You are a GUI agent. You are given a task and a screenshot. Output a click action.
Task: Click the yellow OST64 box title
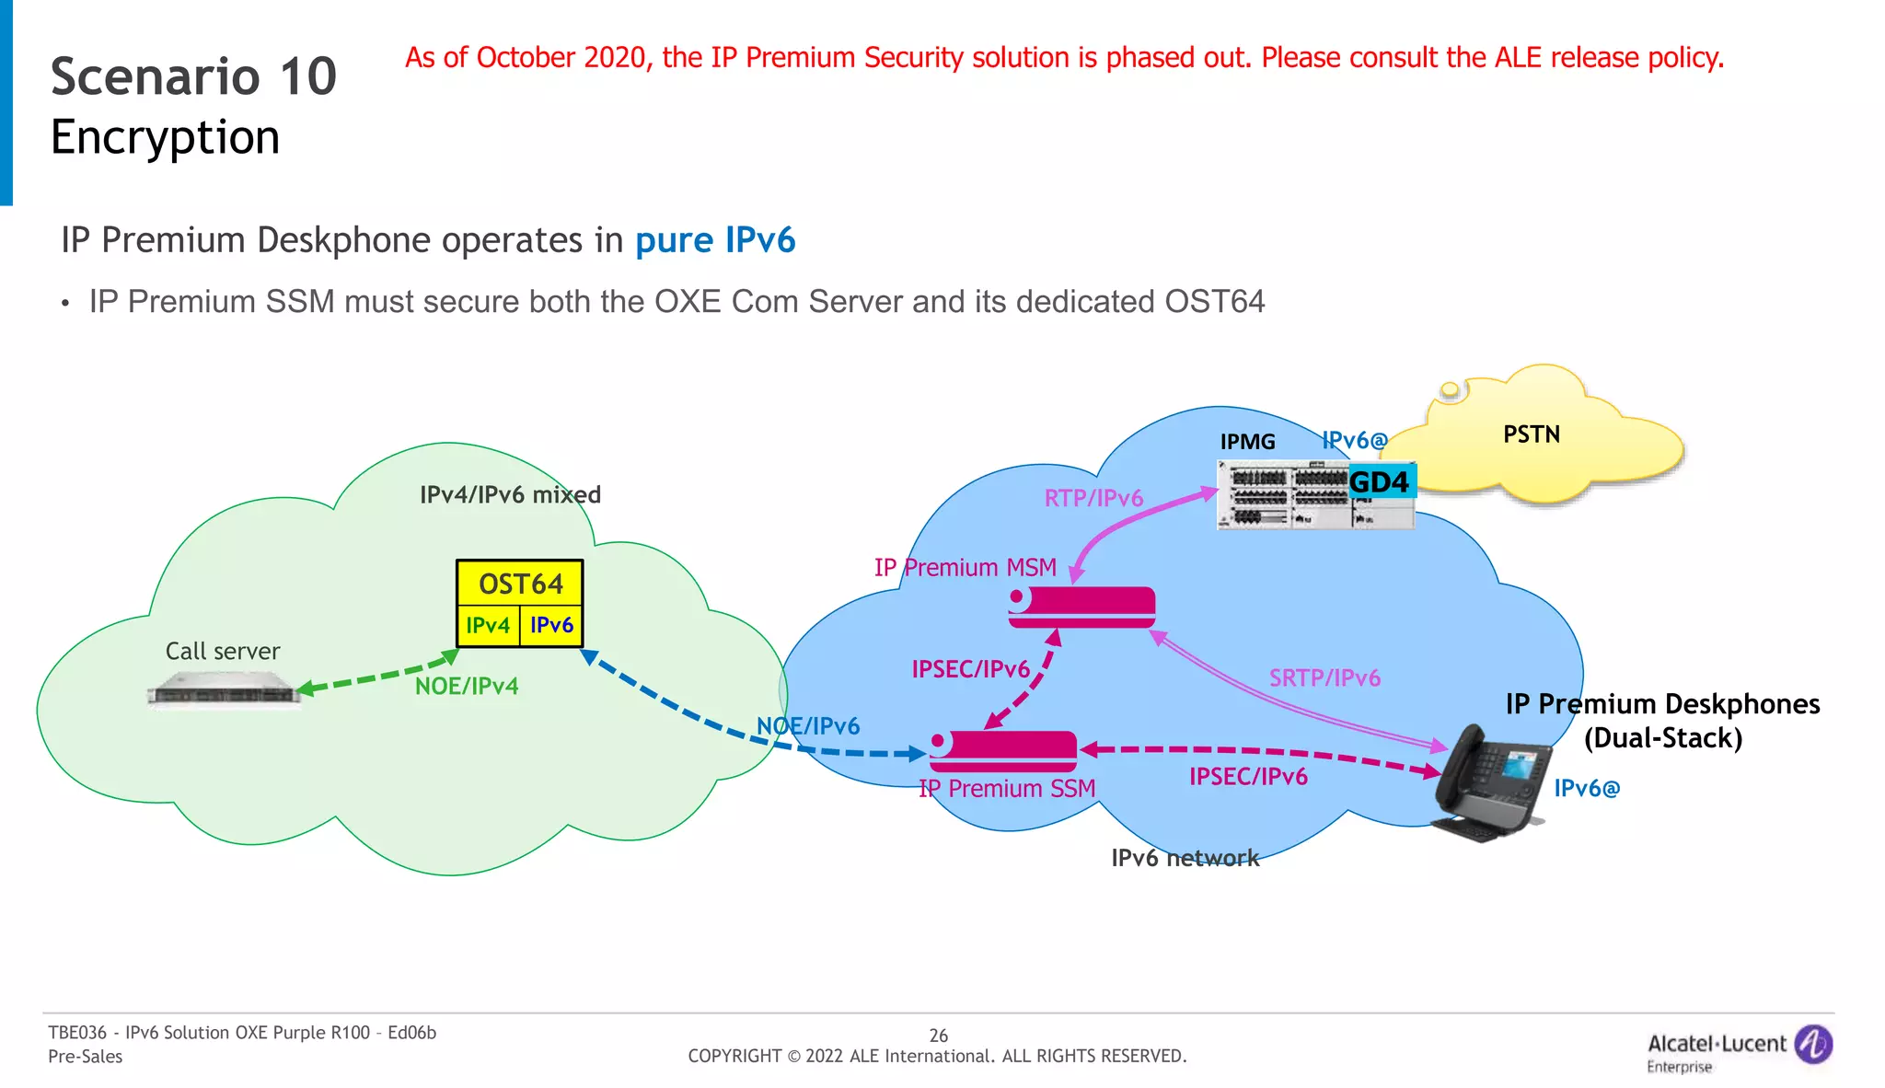pyautogui.click(x=520, y=584)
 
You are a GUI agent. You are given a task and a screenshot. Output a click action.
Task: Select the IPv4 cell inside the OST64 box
pyautogui.click(x=488, y=626)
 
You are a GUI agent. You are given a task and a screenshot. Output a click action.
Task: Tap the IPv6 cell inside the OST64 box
pyautogui.click(x=551, y=626)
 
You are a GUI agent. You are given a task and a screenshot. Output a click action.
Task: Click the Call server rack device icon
pyautogui.click(x=224, y=692)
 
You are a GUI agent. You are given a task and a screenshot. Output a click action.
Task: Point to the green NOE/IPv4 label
pyautogui.click(x=467, y=687)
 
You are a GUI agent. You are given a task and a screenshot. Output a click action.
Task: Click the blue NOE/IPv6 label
pyautogui.click(x=808, y=726)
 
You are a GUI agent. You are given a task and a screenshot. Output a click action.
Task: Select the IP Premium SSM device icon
pyautogui.click(x=1003, y=750)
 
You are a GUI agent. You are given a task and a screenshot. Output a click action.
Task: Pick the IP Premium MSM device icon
pyautogui.click(x=1081, y=607)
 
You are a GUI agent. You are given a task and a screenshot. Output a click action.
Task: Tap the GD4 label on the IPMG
pyautogui.click(x=1379, y=481)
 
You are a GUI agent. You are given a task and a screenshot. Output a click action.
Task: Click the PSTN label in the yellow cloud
pyautogui.click(x=1532, y=434)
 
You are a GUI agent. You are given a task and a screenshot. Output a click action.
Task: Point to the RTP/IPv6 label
pyautogui.click(x=1093, y=498)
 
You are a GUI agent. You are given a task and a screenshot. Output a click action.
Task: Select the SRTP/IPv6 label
pyautogui.click(x=1324, y=678)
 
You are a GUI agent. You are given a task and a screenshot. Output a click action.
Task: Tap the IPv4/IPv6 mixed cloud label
pyautogui.click(x=510, y=495)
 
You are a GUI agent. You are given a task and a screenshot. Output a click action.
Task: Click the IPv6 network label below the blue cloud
pyautogui.click(x=1185, y=858)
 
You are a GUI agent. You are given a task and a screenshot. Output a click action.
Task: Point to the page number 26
pyautogui.click(x=938, y=1036)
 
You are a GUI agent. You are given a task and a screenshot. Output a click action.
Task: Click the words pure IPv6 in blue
pyautogui.click(x=715, y=240)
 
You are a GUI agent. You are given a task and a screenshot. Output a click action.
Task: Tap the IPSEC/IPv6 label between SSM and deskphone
pyautogui.click(x=1248, y=777)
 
